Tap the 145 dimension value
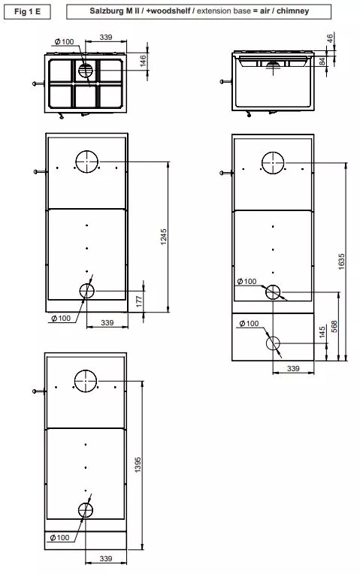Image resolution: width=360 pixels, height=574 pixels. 322,333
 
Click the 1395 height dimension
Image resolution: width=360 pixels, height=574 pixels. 138,465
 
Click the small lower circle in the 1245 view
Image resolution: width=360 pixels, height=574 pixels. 87,290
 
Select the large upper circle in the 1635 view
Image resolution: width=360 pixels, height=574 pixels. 273,162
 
